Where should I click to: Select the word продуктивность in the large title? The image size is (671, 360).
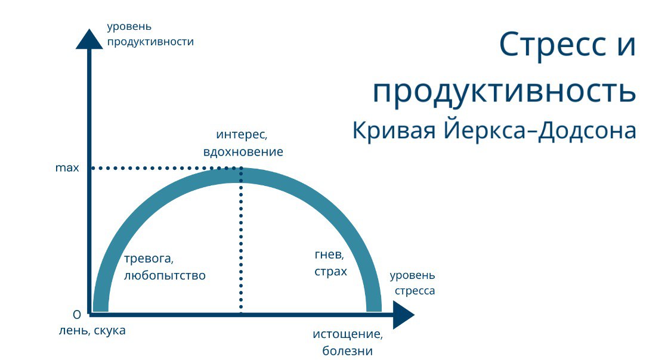(504, 91)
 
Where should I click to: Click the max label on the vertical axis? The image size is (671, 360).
(67, 168)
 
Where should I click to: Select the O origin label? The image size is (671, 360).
(76, 315)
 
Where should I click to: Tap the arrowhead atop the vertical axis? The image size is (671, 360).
(89, 39)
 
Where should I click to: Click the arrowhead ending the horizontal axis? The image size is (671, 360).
(404, 314)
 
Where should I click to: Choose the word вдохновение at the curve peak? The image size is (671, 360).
(243, 151)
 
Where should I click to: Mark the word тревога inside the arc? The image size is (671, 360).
(149, 259)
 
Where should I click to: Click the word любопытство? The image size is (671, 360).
(165, 276)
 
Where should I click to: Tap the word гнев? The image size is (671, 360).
(329, 255)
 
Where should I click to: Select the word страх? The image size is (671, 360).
(330, 271)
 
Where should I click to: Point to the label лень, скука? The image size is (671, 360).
(92, 331)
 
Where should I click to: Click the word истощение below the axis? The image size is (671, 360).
(347, 334)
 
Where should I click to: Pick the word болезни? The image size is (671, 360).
(347, 351)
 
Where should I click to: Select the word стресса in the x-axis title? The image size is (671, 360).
(415, 291)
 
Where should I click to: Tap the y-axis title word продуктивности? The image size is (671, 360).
(150, 42)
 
